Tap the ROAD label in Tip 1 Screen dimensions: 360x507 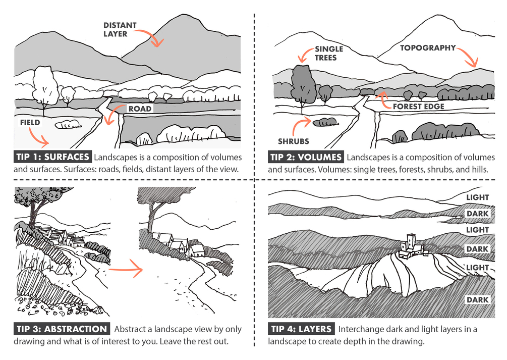(x=139, y=109)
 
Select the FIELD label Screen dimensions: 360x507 (x=30, y=123)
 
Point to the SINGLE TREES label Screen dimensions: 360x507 (x=328, y=54)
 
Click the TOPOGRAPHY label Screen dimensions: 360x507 (x=428, y=48)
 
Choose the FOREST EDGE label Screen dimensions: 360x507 (x=419, y=107)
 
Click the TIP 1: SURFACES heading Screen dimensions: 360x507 (x=52, y=157)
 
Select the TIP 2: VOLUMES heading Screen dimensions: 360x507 (x=306, y=157)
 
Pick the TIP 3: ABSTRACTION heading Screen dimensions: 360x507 (x=61, y=329)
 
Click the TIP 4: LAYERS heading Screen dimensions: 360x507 (x=302, y=329)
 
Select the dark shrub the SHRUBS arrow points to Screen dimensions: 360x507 (x=325, y=122)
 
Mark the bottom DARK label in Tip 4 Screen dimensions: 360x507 (x=477, y=300)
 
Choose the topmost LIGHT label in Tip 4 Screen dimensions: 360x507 (x=478, y=197)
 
